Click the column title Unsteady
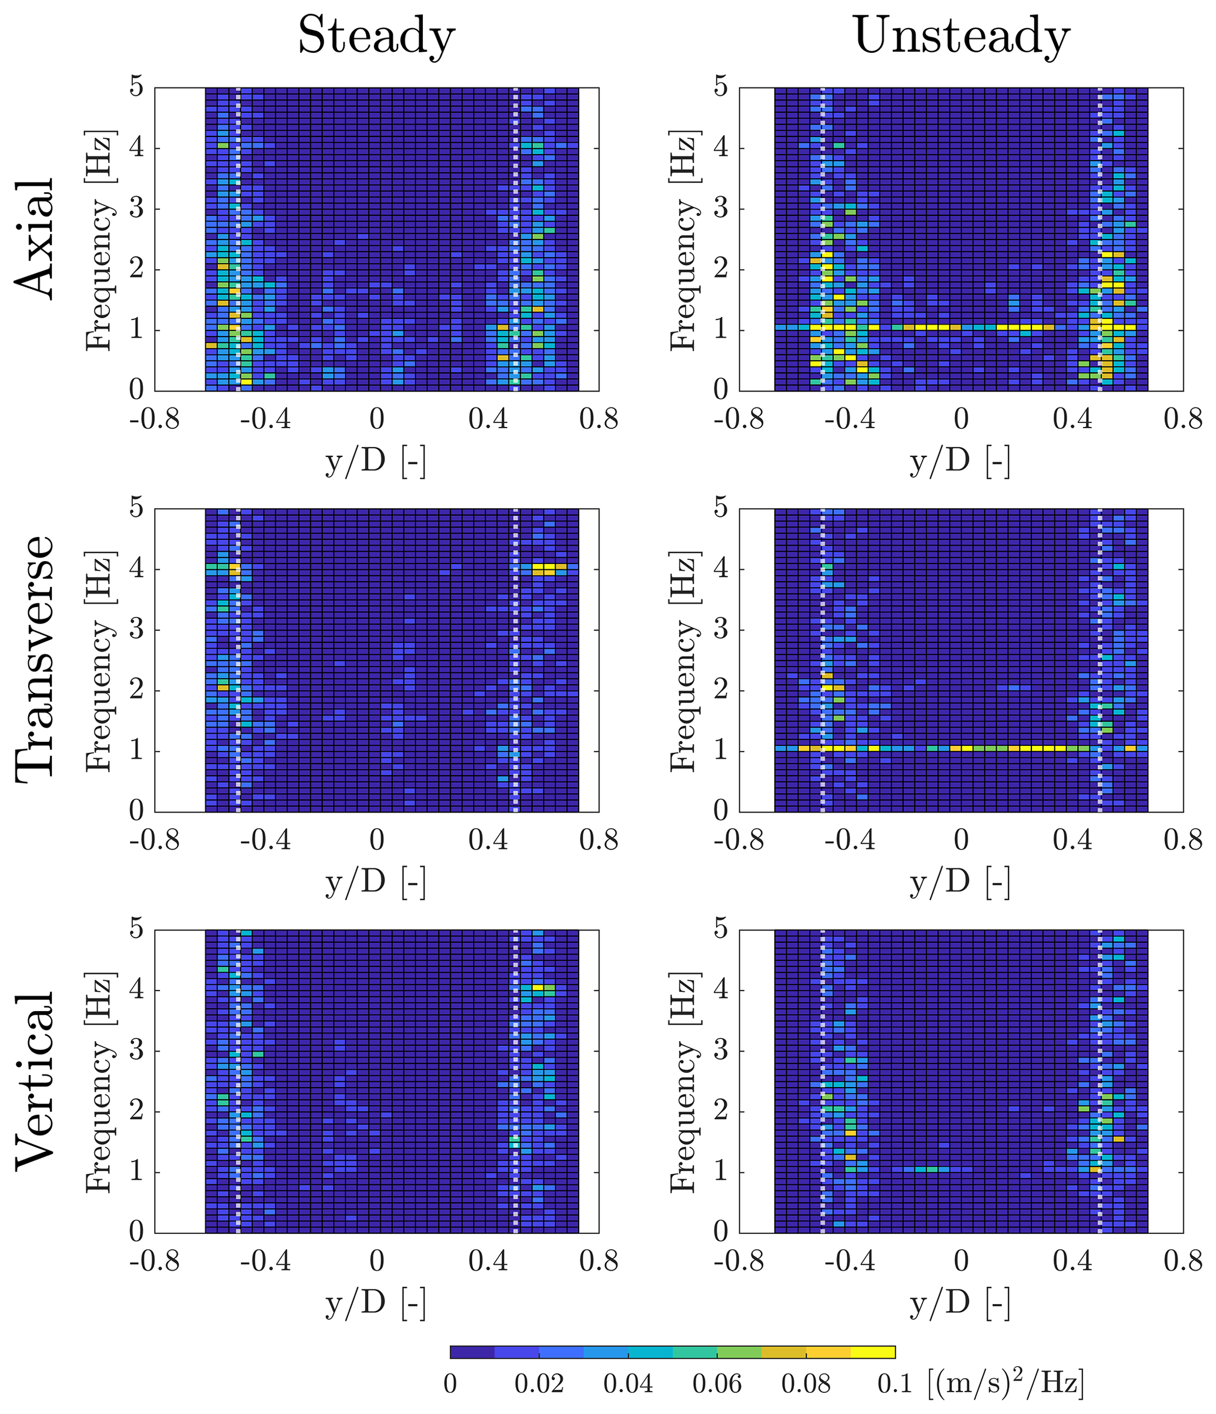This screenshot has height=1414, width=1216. click(961, 36)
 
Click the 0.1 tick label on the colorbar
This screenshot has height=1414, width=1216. click(894, 1384)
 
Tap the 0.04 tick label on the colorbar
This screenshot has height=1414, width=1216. click(628, 1384)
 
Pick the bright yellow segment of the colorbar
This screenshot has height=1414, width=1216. click(873, 1352)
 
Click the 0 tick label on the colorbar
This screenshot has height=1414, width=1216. click(450, 1384)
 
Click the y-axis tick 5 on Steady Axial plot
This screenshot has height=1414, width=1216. click(137, 88)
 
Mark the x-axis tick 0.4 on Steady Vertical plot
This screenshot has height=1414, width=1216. click(489, 1261)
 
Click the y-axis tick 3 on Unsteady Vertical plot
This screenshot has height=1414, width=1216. click(721, 1052)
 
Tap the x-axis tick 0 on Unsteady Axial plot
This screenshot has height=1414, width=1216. click(961, 419)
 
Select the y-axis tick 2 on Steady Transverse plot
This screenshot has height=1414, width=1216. click(137, 691)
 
